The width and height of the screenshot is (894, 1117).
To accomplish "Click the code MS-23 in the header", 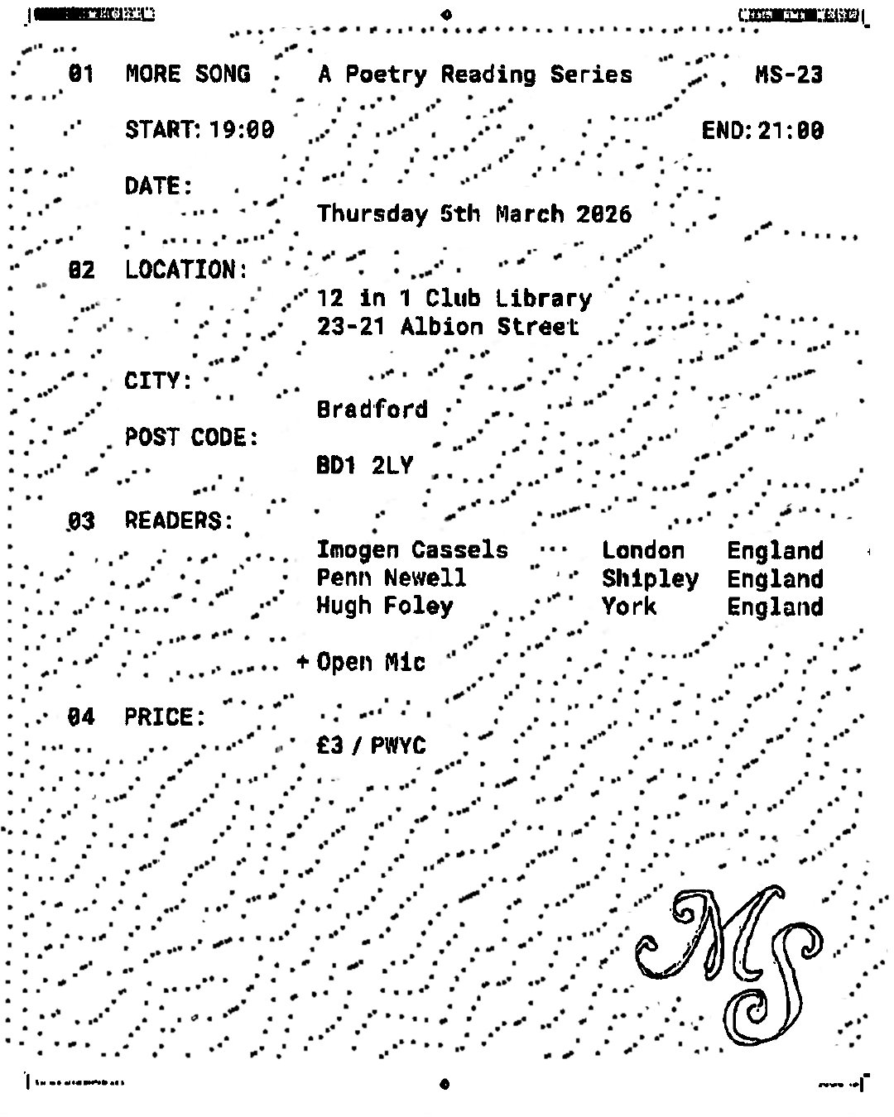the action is tap(789, 75).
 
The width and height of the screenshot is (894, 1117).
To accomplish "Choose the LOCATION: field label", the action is tap(186, 271).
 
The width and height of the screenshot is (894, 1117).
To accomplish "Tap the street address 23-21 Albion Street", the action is tap(448, 327).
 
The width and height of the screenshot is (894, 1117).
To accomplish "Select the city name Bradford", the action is tap(372, 410).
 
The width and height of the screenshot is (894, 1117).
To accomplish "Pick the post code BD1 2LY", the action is tap(364, 466).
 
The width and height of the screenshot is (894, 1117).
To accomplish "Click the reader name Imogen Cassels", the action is tap(412, 550).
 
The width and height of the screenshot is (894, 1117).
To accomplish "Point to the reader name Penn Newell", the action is tap(392, 578).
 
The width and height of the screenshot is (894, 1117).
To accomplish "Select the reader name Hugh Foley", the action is tap(385, 606).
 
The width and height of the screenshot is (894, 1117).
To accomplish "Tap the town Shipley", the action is tap(650, 579).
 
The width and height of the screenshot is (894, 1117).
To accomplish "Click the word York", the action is tap(629, 606).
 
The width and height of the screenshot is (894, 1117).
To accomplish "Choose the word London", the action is tap(643, 551).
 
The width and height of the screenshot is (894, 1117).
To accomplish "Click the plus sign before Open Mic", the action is tap(303, 662).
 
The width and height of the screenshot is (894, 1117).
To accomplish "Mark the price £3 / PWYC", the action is tap(371, 746).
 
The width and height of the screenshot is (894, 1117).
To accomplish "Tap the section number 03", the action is tap(81, 521).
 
